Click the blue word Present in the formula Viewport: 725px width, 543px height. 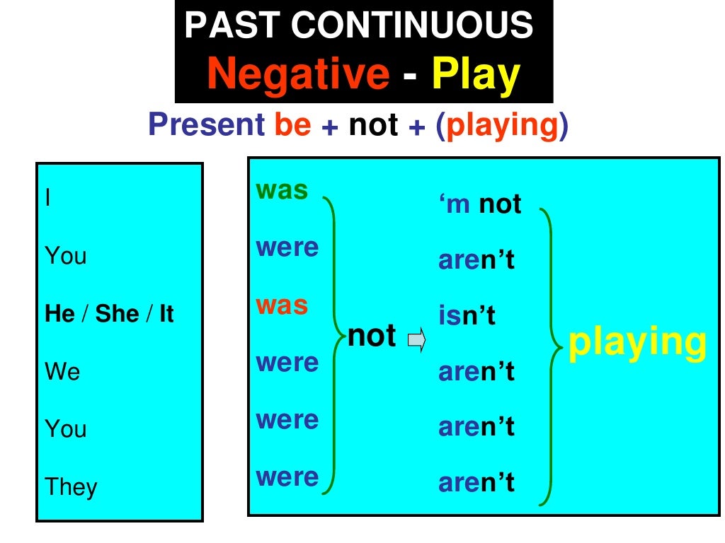point(206,125)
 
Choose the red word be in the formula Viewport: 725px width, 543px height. point(292,125)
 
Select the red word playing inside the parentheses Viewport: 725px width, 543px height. point(502,125)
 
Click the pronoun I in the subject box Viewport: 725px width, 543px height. point(47,199)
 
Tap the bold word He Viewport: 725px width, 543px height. point(60,314)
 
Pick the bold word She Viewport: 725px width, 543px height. point(117,314)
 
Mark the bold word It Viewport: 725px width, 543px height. point(166,314)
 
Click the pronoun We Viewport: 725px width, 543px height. point(62,371)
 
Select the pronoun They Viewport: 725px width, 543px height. point(71,486)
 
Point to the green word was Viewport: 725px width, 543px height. point(282,190)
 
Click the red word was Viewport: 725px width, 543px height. point(282,305)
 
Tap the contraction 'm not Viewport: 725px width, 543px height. point(480,204)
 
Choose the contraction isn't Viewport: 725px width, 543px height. point(467,315)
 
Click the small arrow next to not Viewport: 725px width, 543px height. point(417,342)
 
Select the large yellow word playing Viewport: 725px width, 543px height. point(637,341)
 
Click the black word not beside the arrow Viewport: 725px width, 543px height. point(372,336)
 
